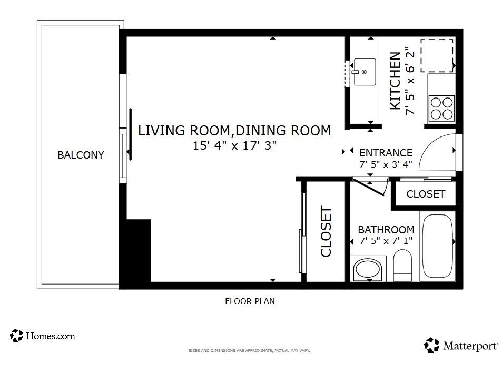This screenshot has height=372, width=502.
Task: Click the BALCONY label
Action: tap(81, 155)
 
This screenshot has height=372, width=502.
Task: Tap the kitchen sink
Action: tap(364, 72)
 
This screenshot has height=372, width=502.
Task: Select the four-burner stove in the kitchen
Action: tap(441, 108)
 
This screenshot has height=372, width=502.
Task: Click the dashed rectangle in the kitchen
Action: tap(437, 55)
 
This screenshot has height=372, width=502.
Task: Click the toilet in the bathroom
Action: tap(403, 266)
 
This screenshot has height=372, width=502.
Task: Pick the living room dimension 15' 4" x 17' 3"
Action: tap(234, 146)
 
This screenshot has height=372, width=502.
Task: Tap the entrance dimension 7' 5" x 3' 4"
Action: tap(386, 164)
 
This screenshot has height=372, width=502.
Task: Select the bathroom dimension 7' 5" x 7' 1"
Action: tap(386, 241)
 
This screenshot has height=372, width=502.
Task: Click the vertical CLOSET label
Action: tap(326, 232)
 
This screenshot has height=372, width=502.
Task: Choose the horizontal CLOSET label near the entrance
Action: tap(426, 194)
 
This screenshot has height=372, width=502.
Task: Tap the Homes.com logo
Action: tap(43, 336)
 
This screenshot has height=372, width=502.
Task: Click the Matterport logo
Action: tap(461, 346)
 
